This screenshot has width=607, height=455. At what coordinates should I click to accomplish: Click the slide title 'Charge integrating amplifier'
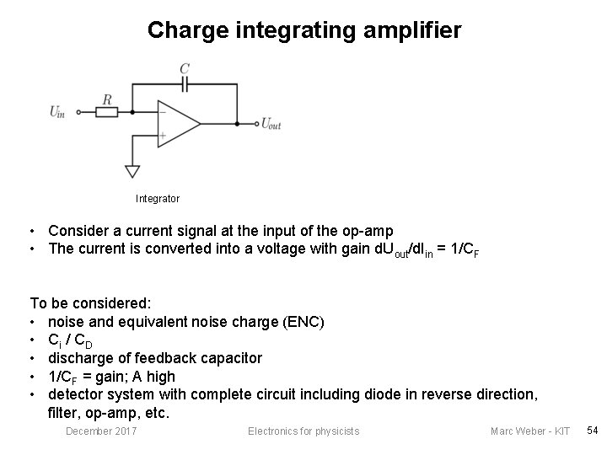tap(303, 31)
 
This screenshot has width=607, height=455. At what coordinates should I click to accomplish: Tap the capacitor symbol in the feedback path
tap(185, 84)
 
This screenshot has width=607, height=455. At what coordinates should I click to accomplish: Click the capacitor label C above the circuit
tap(185, 67)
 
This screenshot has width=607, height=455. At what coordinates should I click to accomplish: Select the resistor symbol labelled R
tap(107, 111)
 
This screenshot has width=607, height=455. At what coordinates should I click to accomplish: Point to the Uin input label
tap(58, 112)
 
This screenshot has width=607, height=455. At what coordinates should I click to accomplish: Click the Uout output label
tap(271, 125)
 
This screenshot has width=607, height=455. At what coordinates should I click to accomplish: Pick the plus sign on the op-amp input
tap(163, 135)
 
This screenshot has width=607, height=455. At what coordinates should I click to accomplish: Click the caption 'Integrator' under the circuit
tap(158, 199)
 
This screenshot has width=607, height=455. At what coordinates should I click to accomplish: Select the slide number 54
tap(592, 431)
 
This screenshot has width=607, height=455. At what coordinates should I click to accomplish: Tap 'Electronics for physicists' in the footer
tap(303, 431)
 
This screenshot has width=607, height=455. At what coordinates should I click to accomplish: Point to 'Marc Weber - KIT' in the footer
tap(530, 431)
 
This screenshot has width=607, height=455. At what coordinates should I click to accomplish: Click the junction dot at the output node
tap(237, 123)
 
